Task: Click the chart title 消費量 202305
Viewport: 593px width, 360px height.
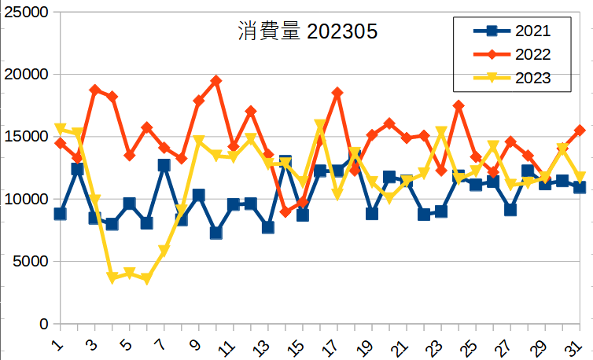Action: point(308,31)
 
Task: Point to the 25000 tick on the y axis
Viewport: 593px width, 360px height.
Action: point(27,13)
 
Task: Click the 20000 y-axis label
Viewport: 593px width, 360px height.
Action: point(27,75)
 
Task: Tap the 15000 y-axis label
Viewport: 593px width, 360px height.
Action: point(27,137)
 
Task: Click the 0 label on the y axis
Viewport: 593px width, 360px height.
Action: point(44,324)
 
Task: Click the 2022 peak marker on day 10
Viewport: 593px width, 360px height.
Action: point(215,81)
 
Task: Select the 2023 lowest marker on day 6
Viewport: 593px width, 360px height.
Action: point(146,279)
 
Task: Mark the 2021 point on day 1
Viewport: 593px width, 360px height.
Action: point(60,214)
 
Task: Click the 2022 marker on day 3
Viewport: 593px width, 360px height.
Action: point(94,90)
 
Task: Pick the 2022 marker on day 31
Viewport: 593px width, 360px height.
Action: point(580,130)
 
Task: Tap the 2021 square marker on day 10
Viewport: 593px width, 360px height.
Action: point(215,233)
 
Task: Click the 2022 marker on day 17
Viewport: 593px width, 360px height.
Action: point(337,93)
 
